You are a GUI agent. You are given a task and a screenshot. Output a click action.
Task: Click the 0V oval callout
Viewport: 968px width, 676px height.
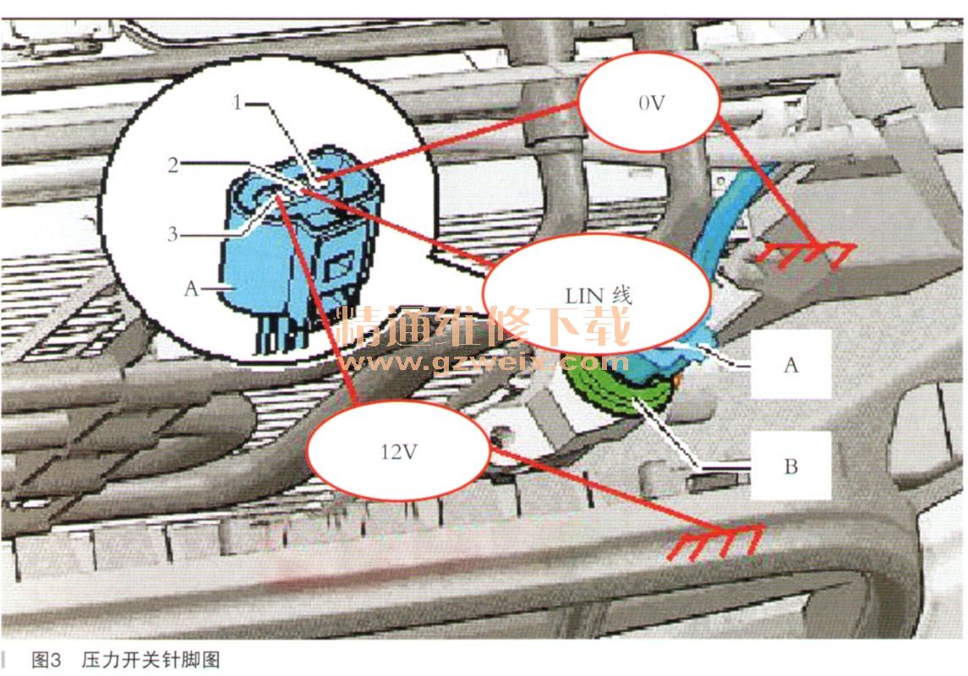tap(648, 101)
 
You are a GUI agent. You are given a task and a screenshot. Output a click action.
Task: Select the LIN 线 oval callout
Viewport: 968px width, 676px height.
tap(598, 293)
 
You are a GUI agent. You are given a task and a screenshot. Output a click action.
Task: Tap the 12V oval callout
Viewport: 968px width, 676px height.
tap(399, 450)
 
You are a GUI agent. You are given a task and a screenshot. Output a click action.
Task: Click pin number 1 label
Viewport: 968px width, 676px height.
tap(237, 101)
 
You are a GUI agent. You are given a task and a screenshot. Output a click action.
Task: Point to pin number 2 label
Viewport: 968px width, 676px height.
tap(173, 165)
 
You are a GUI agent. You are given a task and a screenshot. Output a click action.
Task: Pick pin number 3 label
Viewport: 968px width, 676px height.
tap(172, 234)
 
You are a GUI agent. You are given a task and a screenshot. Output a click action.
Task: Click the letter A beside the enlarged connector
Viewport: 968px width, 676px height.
tap(191, 288)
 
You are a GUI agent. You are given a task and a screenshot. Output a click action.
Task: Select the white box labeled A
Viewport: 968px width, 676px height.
tap(790, 364)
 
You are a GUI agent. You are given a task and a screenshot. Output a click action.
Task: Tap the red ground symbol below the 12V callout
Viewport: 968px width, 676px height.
tap(716, 542)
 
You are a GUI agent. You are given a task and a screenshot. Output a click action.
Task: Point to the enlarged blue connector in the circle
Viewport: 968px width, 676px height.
tap(303, 247)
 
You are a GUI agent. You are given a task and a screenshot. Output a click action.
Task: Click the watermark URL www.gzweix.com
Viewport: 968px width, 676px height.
tap(482, 363)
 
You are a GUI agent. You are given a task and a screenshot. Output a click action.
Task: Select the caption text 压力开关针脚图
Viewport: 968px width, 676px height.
tap(150, 659)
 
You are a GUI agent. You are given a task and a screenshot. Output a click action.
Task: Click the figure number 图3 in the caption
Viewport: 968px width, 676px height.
tap(46, 659)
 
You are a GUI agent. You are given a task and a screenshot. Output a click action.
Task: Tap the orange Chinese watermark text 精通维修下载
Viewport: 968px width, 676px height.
tap(482, 325)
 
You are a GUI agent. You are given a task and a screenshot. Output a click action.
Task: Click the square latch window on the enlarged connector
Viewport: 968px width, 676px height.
tap(337, 267)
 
